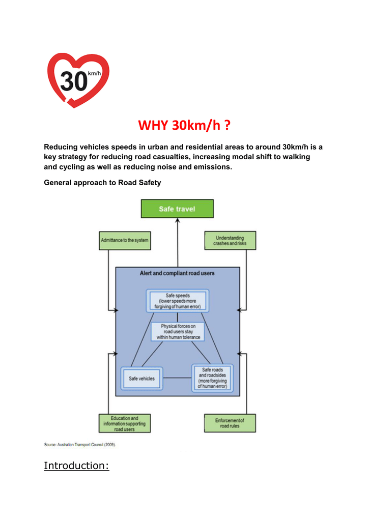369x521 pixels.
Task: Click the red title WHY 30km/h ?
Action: [x=187, y=125]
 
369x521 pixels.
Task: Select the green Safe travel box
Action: [x=177, y=209]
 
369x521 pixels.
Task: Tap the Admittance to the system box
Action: [x=125, y=240]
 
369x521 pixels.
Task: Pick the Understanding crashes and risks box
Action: [x=230, y=241]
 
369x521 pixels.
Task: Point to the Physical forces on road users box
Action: [x=178, y=331]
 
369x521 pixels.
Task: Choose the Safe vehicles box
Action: [x=141, y=379]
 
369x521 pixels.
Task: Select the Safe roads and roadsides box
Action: [x=212, y=378]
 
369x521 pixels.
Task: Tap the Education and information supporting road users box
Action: [x=124, y=423]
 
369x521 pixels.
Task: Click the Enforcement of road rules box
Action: [x=230, y=423]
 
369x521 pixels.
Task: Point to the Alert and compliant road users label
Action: [x=177, y=273]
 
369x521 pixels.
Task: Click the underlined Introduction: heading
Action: [x=76, y=466]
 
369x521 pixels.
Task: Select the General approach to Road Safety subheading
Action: [x=102, y=183]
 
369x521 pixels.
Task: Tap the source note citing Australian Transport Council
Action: [x=80, y=445]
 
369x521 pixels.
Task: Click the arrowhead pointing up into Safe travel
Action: [x=178, y=221]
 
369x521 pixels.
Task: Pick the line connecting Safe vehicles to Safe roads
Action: [x=177, y=378]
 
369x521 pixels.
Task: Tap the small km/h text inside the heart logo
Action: [x=95, y=74]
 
